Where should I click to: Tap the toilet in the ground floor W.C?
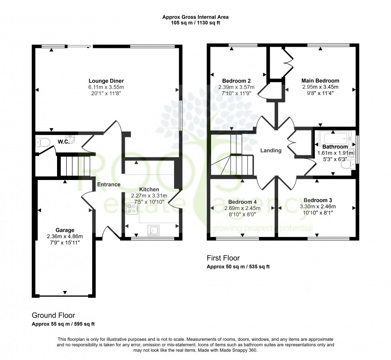[40, 142]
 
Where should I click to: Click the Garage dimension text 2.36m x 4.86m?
[65, 237]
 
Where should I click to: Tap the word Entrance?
[109, 184]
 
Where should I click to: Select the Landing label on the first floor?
[271, 150]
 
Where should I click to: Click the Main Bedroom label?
[320, 80]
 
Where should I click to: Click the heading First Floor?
[223, 258]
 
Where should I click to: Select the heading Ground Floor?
[53, 315]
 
